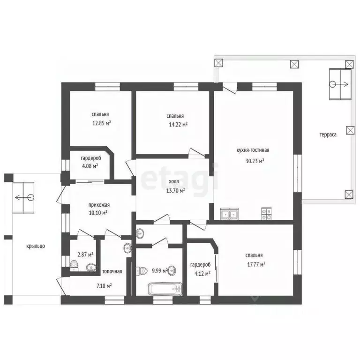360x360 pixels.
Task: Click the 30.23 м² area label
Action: click(x=255, y=161)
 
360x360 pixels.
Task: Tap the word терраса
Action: click(x=328, y=135)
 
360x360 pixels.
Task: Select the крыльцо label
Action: click(x=36, y=247)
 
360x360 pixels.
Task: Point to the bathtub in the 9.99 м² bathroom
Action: click(x=165, y=289)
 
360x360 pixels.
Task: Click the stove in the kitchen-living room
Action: click(x=266, y=214)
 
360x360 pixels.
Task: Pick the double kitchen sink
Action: click(x=229, y=214)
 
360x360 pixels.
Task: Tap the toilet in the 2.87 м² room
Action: click(x=74, y=266)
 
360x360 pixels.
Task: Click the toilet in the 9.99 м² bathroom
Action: click(x=142, y=270)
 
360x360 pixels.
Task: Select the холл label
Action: click(x=174, y=181)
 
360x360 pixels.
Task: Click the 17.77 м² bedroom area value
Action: click(x=256, y=264)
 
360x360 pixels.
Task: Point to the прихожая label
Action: click(x=99, y=205)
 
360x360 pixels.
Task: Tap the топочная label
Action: click(x=112, y=271)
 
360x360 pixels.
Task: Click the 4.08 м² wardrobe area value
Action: click(x=90, y=166)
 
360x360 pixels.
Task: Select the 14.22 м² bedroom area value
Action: click(x=178, y=125)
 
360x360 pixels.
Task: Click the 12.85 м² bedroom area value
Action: click(x=102, y=123)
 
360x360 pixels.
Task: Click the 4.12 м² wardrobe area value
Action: click(x=202, y=274)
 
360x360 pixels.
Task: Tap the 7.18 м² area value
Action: click(x=104, y=286)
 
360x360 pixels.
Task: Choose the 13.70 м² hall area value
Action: click(x=176, y=191)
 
